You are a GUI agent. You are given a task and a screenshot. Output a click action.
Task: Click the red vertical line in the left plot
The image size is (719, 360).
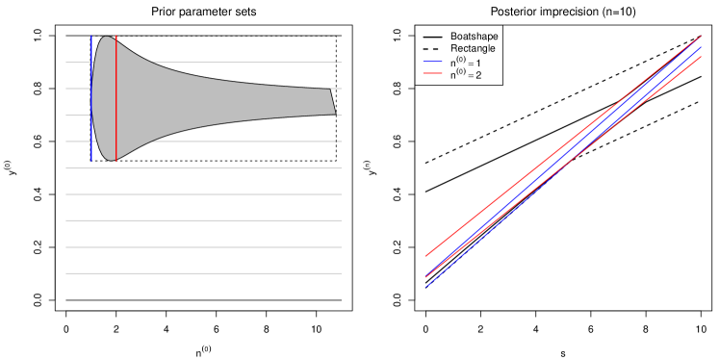point(116,96)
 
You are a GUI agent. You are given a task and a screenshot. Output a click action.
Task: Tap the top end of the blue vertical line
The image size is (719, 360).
point(91,36)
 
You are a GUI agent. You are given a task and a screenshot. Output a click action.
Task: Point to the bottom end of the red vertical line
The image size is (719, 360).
point(116,163)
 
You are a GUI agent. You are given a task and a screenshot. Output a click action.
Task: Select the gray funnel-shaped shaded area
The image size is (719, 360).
point(193,101)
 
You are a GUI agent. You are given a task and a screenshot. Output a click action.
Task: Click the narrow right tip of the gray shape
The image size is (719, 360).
point(333,102)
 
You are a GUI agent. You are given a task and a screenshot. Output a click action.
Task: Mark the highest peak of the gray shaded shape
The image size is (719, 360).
point(106,38)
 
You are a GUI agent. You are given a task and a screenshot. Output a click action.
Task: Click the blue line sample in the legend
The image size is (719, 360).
point(432,62)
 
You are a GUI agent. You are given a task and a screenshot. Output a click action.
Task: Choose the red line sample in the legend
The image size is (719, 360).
point(432,73)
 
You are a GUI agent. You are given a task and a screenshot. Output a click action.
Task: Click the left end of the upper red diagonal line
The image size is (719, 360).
point(426,256)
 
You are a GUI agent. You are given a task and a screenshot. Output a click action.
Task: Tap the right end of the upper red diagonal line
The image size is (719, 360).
point(701,37)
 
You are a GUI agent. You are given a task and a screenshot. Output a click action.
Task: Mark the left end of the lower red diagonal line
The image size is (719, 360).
point(426,277)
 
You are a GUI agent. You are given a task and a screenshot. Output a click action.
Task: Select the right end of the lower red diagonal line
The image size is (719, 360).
point(701,57)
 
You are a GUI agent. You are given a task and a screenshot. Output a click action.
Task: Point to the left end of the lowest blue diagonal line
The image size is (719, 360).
point(427,286)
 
